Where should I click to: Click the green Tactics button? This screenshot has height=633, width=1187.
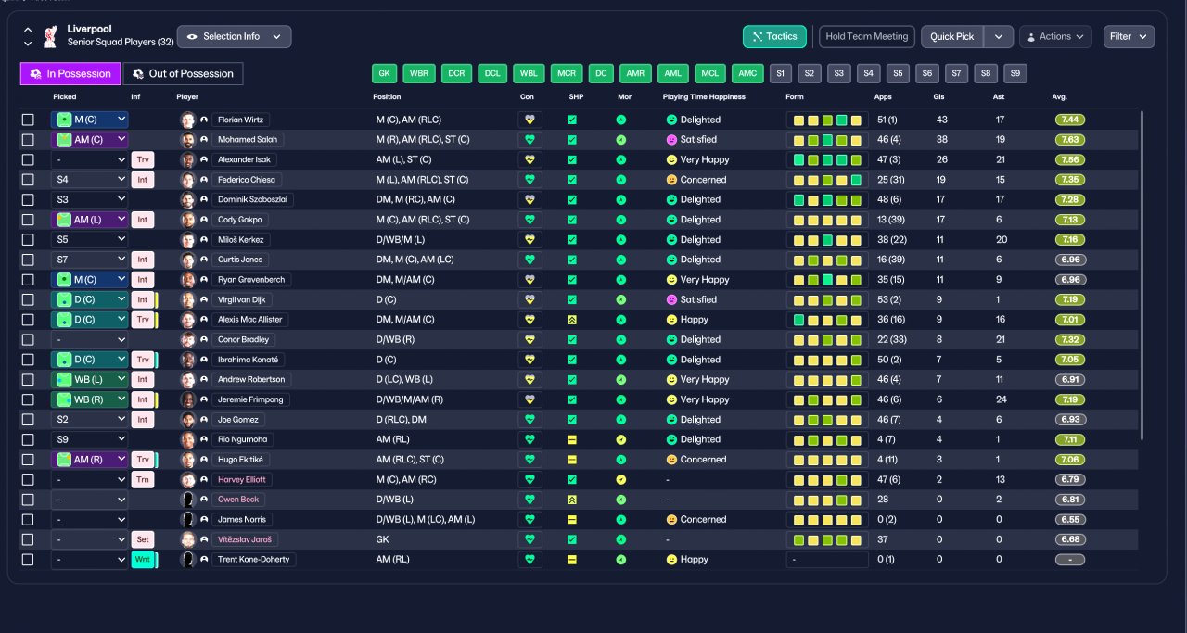[x=774, y=36]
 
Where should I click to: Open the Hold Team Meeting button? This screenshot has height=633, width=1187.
[x=866, y=36]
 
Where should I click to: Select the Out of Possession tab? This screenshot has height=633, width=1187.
[x=183, y=73]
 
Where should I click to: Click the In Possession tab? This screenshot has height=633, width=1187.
[x=70, y=73]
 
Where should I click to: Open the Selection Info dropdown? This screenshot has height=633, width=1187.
[x=235, y=36]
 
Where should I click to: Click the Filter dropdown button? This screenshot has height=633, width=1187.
[x=1129, y=36]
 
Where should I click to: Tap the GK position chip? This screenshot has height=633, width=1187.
[x=384, y=73]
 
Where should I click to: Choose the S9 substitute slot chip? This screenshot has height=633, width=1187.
[x=1015, y=73]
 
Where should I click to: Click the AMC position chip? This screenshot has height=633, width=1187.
[x=747, y=73]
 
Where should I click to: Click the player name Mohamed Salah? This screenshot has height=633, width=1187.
[x=248, y=140]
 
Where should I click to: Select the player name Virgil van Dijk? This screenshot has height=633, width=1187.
[x=242, y=299]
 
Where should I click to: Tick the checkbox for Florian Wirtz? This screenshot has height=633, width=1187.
[x=28, y=120]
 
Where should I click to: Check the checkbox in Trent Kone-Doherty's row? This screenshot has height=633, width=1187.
[x=28, y=560]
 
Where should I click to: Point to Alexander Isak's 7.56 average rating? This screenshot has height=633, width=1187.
[x=1070, y=160]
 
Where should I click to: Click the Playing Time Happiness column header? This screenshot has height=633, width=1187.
[x=704, y=97]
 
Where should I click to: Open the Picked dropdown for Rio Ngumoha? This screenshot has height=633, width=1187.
[x=90, y=439]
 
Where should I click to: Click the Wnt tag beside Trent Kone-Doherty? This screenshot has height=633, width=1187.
[x=143, y=560]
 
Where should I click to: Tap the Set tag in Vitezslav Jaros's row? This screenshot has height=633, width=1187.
[x=143, y=539]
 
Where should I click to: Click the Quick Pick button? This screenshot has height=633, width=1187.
[x=951, y=36]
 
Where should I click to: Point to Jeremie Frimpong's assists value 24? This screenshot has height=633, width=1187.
[x=1001, y=399]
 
